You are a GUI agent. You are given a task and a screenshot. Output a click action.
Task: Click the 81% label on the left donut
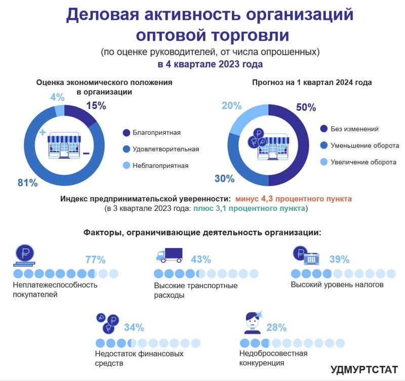coord(28,183)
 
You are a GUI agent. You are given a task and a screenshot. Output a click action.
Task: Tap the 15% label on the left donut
coord(96,106)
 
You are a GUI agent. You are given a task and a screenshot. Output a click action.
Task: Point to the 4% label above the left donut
coord(57,97)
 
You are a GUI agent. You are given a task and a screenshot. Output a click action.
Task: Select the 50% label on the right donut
coord(305,108)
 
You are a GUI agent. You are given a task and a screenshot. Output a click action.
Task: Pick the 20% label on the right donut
coord(231,106)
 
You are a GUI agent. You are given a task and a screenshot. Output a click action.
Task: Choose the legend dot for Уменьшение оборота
coord(323,146)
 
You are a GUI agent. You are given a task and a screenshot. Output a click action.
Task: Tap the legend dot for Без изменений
coord(323,129)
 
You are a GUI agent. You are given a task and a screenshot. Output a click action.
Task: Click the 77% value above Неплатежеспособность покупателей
coord(95,260)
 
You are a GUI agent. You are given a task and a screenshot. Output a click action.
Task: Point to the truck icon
coord(169,254)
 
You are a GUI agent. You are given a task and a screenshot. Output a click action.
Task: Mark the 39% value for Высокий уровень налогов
coord(339,259)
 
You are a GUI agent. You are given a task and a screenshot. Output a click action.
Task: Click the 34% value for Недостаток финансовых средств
coord(134,327)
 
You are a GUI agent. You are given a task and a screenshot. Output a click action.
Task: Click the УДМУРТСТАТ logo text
coord(363,369)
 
